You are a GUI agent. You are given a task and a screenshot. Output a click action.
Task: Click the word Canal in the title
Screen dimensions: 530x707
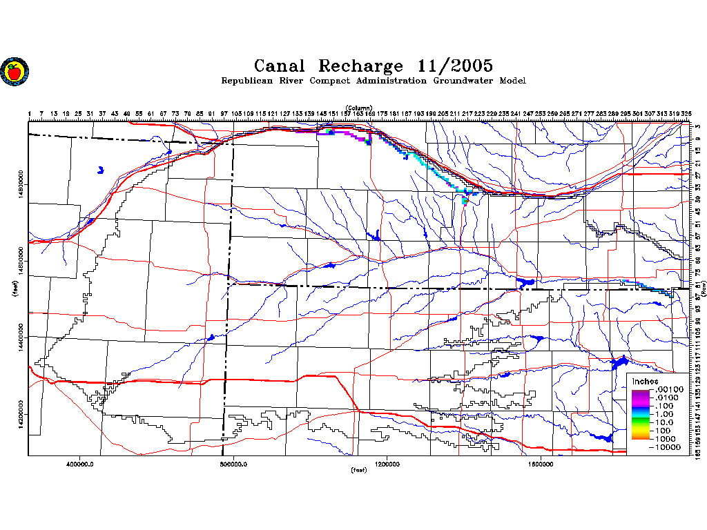coord(282,66)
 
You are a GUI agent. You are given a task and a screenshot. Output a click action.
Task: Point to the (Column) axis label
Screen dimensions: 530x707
coord(360,108)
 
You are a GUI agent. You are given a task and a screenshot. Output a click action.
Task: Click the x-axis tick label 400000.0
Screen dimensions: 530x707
coord(81,464)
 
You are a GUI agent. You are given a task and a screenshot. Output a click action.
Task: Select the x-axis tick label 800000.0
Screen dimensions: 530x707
coord(234,464)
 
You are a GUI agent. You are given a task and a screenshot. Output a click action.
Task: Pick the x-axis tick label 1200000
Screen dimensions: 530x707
coord(387,464)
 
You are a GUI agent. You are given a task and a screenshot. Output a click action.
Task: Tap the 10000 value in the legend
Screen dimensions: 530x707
coord(668,447)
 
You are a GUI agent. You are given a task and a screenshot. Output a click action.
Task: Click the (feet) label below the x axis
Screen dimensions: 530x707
coord(358,471)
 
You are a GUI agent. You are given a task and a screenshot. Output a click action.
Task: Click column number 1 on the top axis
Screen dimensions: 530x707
coord(30,113)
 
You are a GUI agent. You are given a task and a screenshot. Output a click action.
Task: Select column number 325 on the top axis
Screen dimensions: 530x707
coord(686,113)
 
